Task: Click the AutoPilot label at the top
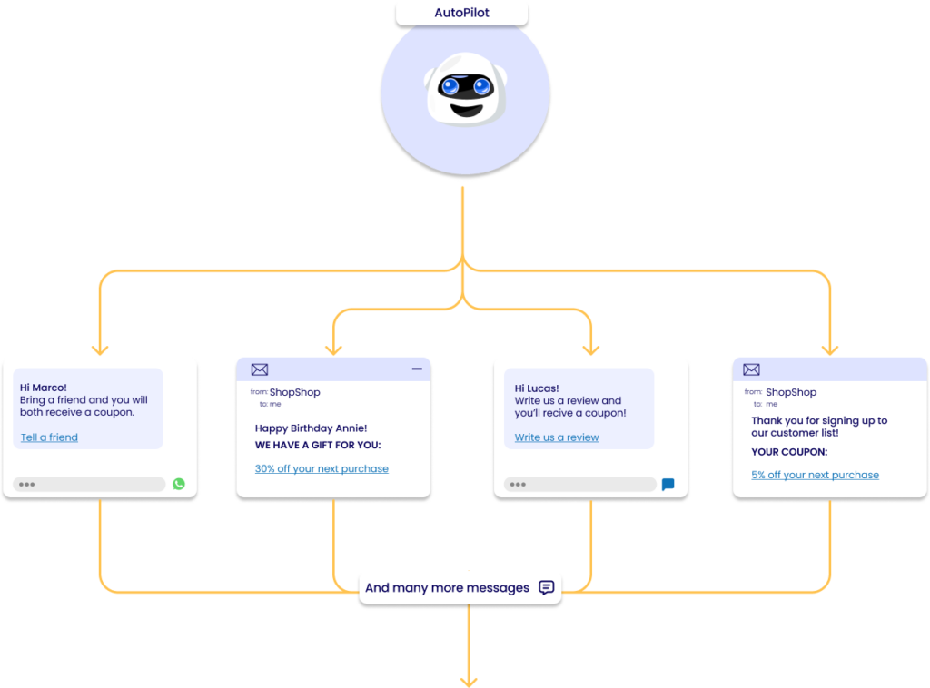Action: tap(461, 14)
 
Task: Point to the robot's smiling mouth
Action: tap(465, 109)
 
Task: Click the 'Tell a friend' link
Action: tap(49, 437)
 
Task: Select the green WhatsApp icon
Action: tap(179, 484)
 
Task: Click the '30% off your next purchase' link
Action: tap(322, 469)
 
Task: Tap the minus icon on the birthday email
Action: tap(417, 369)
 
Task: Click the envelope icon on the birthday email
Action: tap(260, 369)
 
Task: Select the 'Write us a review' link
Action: tap(557, 437)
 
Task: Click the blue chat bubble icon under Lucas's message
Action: tap(668, 485)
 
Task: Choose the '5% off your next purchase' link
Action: tap(815, 475)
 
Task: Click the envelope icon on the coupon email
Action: tap(751, 369)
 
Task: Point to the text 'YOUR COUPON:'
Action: tap(789, 452)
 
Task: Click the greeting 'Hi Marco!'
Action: tap(44, 388)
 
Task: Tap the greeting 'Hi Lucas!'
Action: tap(537, 388)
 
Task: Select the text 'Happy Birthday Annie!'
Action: tap(311, 428)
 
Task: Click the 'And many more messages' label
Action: tap(447, 588)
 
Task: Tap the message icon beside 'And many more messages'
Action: tap(546, 587)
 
